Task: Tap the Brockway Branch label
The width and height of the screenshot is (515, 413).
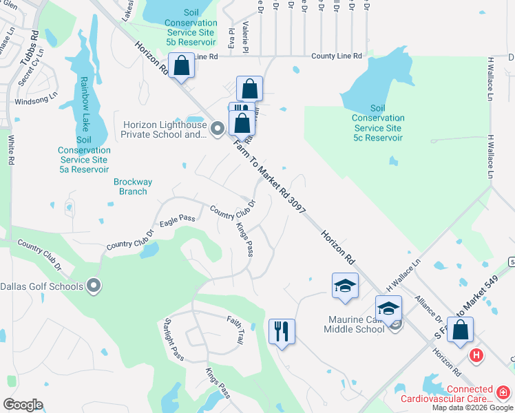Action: coord(133,187)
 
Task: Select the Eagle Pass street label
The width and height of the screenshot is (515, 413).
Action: coord(178,219)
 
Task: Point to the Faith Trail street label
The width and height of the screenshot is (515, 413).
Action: coord(235,330)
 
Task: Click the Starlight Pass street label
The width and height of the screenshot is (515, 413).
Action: coord(174,339)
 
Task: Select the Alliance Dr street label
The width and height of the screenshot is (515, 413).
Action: coord(428,308)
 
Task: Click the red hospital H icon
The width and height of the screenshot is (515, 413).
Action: coord(476,355)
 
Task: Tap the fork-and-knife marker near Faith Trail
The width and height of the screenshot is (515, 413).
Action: coord(282,331)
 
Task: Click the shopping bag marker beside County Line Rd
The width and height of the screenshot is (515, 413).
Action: coord(182,67)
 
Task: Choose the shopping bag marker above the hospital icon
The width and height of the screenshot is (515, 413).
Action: coord(460,330)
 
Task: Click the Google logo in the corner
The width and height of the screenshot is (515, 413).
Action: coord(23,405)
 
